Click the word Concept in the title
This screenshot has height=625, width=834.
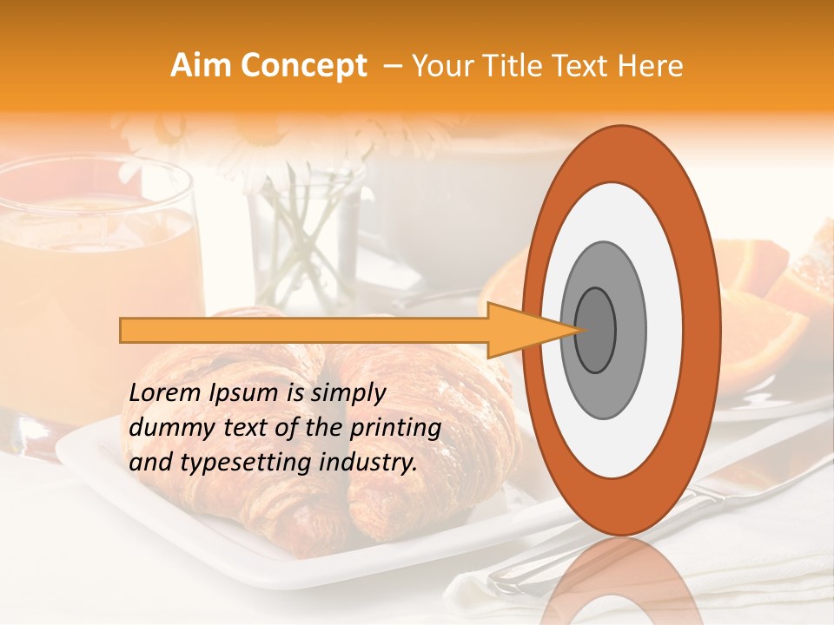(x=301, y=67)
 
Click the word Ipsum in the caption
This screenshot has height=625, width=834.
(x=242, y=393)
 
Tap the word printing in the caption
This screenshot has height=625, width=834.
(x=396, y=428)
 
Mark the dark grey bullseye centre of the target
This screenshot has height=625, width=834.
(x=595, y=330)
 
